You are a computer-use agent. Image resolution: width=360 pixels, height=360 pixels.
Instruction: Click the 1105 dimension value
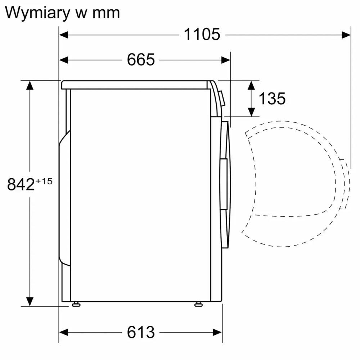click(x=202, y=35)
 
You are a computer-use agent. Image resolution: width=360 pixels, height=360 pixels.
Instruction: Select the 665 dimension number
click(x=141, y=60)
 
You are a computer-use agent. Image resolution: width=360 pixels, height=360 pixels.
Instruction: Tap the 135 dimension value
click(x=272, y=98)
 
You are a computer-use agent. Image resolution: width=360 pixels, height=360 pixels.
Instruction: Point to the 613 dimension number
click(x=141, y=332)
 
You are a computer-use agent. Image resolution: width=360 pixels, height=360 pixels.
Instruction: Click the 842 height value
click(x=21, y=185)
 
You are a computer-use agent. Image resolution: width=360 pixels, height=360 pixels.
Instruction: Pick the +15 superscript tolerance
click(x=44, y=181)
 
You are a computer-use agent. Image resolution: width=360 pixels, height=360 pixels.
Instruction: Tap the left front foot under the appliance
click(x=76, y=304)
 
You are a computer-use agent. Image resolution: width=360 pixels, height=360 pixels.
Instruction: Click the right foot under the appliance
click(x=198, y=304)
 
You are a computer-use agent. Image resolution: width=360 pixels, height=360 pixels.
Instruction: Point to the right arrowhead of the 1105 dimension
click(x=346, y=35)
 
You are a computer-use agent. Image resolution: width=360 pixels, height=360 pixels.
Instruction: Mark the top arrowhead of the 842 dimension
click(x=30, y=85)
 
